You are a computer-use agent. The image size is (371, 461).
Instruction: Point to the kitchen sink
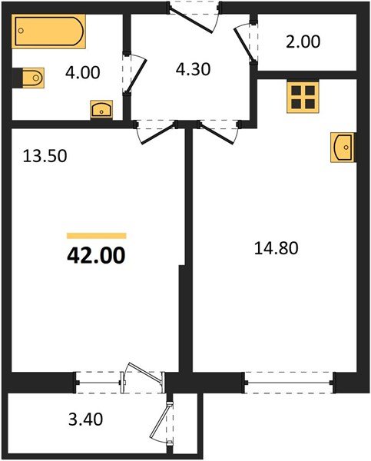[343, 146]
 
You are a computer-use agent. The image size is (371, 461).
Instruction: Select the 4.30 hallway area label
[192, 68]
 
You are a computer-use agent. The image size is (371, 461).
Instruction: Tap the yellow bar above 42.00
[96, 236]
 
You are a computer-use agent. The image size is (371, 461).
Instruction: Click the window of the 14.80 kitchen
[289, 379]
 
